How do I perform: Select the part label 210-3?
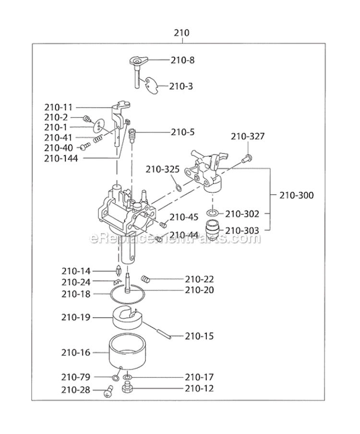tap(181, 86)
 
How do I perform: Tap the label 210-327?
tap(248, 137)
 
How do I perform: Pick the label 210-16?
tap(75, 353)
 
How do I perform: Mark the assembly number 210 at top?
tap(181, 33)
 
